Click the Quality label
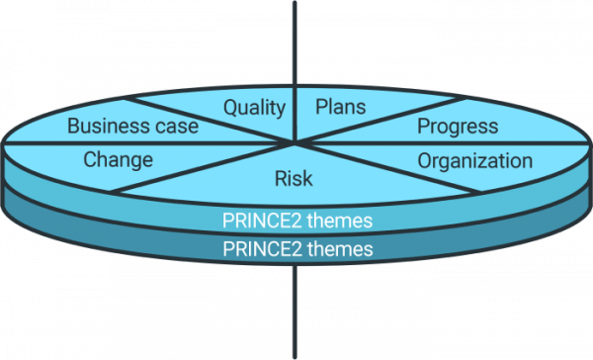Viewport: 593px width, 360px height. [254, 108]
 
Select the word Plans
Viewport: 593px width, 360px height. [340, 107]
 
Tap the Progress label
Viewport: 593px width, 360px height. [457, 127]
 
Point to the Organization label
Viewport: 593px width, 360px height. [474, 160]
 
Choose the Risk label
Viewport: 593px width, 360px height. [294, 179]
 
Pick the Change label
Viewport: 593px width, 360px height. [118, 159]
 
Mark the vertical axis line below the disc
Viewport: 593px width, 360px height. [296, 316]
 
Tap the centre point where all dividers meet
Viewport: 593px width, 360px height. [296, 144]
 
